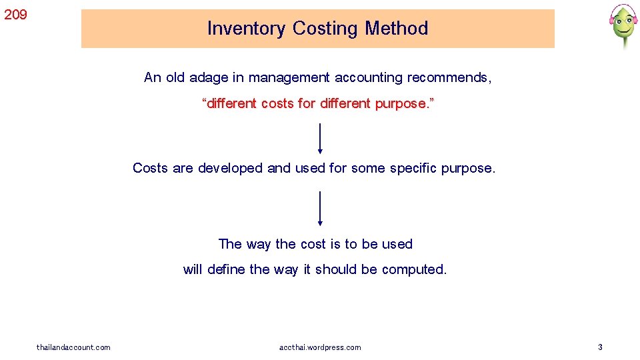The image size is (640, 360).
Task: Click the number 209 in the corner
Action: tap(16, 13)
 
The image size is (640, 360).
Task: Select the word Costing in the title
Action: tap(325, 29)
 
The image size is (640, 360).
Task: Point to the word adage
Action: tap(208, 77)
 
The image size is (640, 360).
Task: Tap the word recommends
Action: tap(449, 77)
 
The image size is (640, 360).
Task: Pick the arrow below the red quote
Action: tap(321, 139)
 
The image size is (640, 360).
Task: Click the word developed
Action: tap(230, 168)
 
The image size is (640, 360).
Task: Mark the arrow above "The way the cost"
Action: tap(321, 208)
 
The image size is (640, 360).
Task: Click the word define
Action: tap(226, 269)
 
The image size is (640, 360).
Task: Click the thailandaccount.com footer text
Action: tap(73, 347)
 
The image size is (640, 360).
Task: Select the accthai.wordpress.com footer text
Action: tap(320, 347)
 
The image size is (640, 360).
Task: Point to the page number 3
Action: tap(600, 347)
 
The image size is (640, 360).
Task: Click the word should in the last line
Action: tap(337, 269)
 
